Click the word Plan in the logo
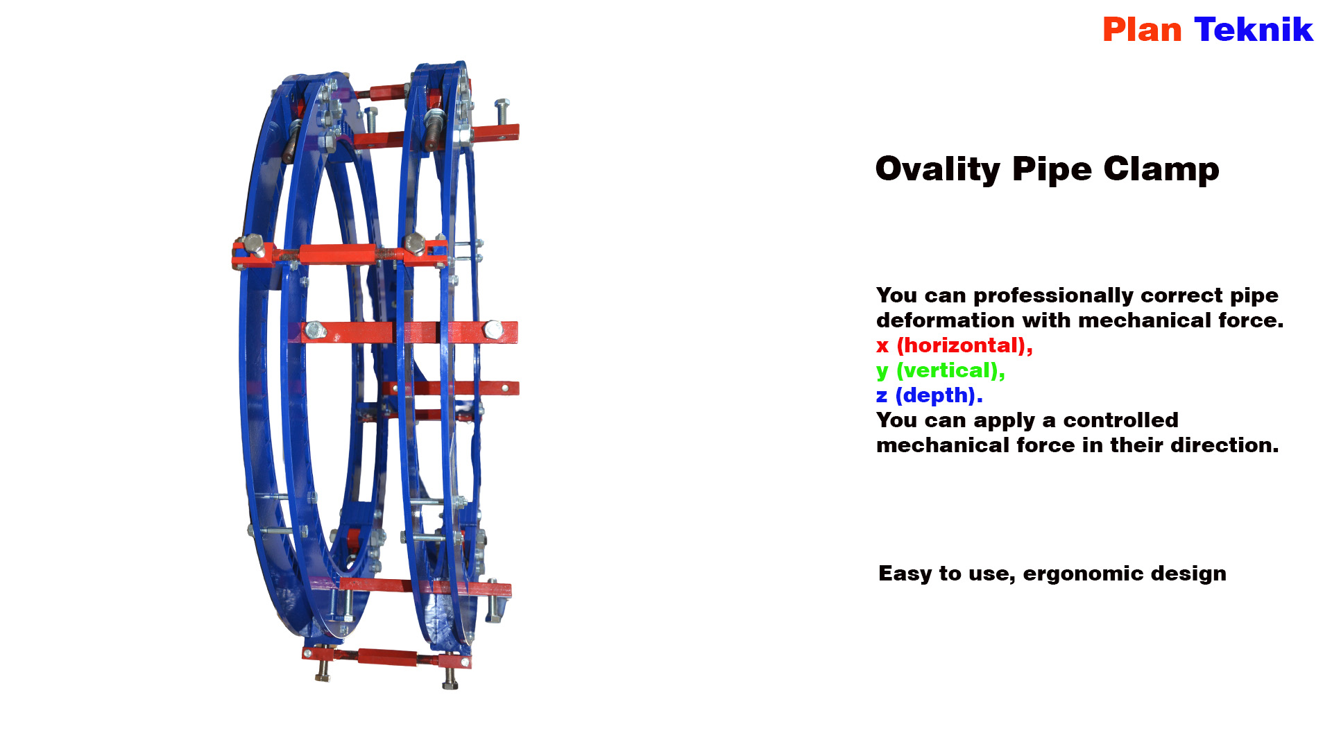1142,30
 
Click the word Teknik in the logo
1254,30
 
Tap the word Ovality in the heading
937,169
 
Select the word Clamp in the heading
1161,169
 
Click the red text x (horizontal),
955,345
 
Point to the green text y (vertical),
941,371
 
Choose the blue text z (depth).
930,395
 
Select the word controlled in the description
1120,420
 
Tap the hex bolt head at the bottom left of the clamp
323,671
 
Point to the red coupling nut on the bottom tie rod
387,657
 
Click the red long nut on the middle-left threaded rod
338,254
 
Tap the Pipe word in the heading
1052,169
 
